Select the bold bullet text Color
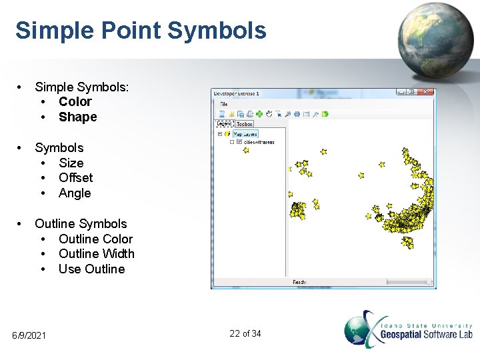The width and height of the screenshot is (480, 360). coord(75,101)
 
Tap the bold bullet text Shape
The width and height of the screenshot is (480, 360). coord(77,117)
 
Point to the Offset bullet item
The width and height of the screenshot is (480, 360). coord(75,177)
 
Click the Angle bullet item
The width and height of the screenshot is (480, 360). coord(74,193)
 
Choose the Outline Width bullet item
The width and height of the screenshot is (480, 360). coord(96,253)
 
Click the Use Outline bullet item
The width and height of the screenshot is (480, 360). coord(91,269)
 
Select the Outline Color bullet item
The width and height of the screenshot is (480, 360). coord(95,239)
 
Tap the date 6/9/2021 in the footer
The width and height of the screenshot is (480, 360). coord(29,335)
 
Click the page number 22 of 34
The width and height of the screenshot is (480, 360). coord(245,333)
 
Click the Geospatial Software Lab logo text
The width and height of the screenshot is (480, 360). coord(426,333)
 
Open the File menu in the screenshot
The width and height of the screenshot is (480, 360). coord(224,104)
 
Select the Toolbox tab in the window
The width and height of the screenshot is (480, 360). coord(245,124)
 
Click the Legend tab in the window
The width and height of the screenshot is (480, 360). coord(224,124)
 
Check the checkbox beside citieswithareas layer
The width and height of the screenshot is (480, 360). coord(239,142)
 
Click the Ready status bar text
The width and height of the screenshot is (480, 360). coord(299,283)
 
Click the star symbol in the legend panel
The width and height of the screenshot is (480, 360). coord(245,150)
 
